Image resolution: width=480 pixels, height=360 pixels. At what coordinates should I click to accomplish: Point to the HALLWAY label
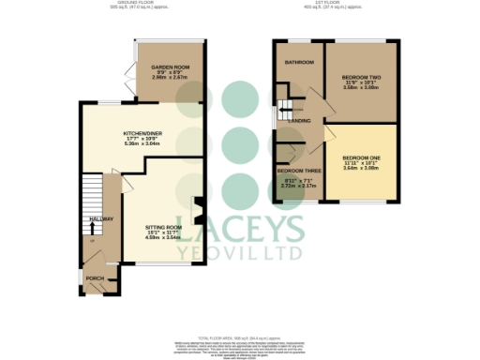click(100, 219)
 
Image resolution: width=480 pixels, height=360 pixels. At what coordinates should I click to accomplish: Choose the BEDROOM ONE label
click(360, 157)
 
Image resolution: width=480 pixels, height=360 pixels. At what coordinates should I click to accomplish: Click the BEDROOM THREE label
click(298, 172)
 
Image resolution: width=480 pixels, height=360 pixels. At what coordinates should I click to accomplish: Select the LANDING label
click(300, 121)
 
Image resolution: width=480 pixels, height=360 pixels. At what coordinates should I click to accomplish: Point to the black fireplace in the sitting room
click(198, 213)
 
